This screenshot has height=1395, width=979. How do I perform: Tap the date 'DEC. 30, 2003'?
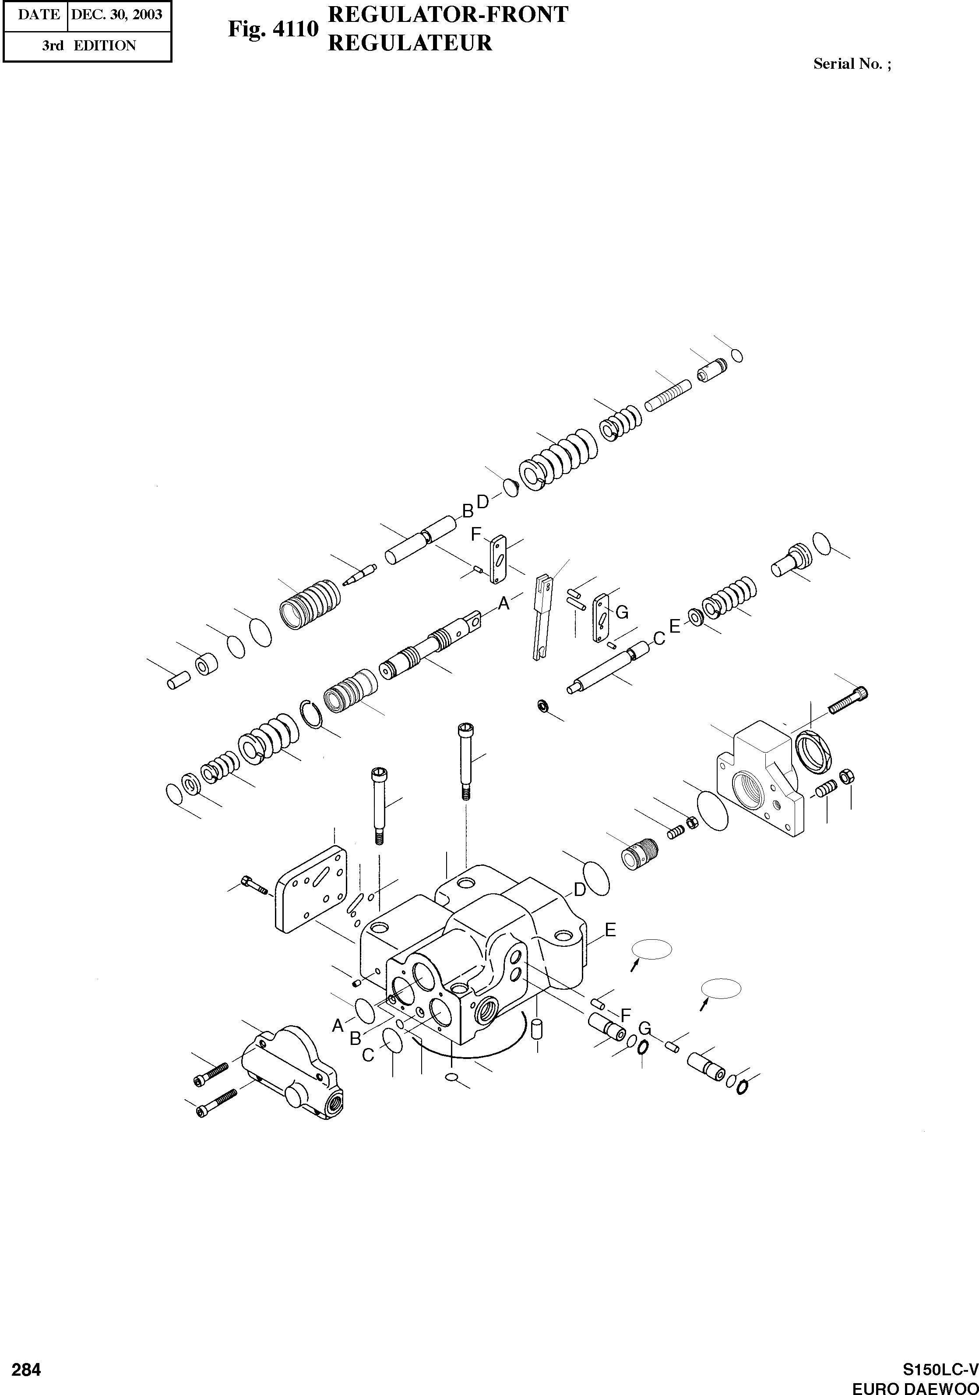[x=117, y=14]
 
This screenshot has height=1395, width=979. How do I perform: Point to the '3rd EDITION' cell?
[x=89, y=46]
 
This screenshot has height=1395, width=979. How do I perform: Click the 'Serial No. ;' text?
[x=852, y=64]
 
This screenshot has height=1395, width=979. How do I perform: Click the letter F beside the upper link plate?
[x=476, y=534]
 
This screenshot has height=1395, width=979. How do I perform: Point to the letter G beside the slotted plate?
[x=621, y=613]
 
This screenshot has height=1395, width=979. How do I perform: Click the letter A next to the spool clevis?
[x=504, y=603]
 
